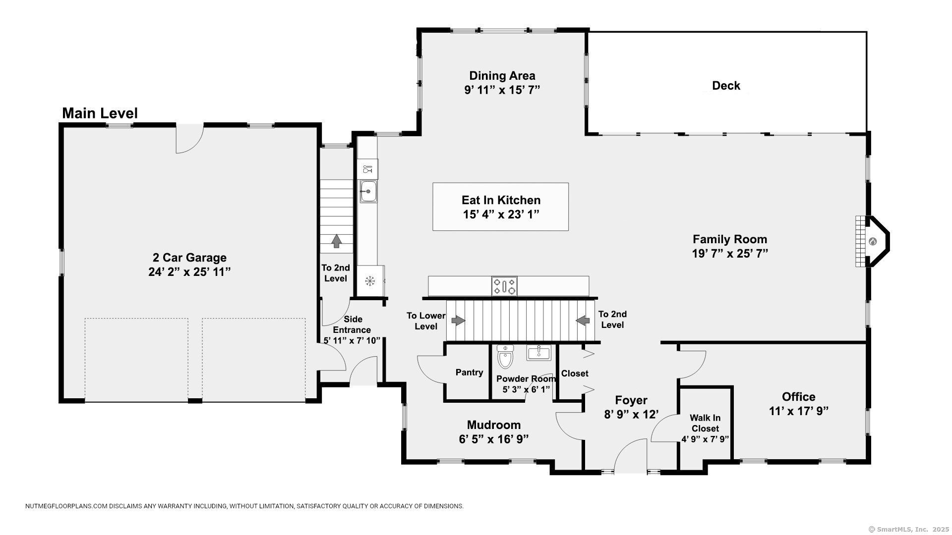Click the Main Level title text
(100, 113)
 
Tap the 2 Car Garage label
(189, 258)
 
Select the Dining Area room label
(502, 76)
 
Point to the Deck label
(726, 86)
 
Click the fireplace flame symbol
(873, 242)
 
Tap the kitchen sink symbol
(368, 191)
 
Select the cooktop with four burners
(504, 286)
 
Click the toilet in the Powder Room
(505, 357)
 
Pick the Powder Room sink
(538, 353)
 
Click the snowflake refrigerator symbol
(369, 281)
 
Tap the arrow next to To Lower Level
(458, 321)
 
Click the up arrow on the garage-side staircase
(337, 241)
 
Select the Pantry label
(469, 373)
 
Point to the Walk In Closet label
(705, 424)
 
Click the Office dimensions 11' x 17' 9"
(799, 411)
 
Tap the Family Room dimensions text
(730, 254)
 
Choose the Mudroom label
(494, 425)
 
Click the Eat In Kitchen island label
(501, 200)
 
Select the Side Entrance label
(352, 324)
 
